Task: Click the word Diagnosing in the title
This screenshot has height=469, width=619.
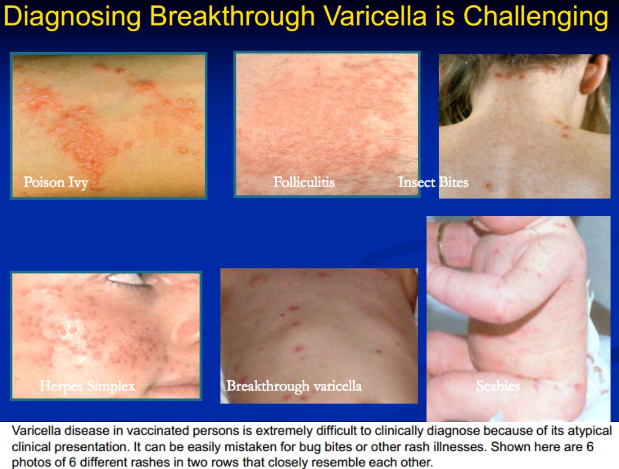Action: (x=72, y=17)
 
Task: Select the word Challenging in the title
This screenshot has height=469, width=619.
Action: (x=536, y=17)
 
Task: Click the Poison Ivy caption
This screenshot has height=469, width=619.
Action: (x=56, y=183)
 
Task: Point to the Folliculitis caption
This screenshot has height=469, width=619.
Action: (x=304, y=182)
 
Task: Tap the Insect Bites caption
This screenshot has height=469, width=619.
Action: (x=433, y=182)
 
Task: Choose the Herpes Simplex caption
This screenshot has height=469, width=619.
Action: (x=87, y=386)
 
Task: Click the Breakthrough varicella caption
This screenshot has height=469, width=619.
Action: (x=294, y=386)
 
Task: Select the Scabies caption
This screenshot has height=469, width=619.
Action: (x=498, y=386)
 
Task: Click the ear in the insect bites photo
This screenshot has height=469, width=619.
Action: (x=595, y=73)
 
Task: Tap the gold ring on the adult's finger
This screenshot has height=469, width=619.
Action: (x=441, y=243)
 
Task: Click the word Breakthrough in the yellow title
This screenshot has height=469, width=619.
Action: (x=232, y=17)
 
